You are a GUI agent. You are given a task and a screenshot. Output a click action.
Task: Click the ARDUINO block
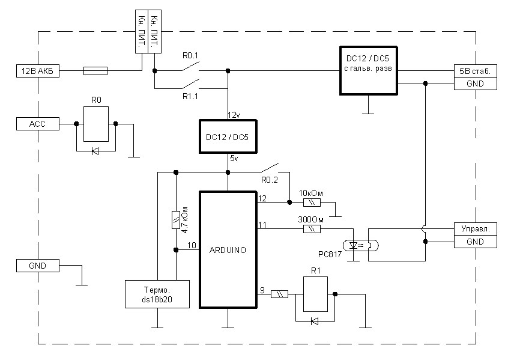pos(228,250)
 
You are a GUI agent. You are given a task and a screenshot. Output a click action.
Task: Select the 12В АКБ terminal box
pos(38,71)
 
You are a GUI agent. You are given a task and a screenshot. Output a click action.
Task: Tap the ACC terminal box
pos(38,124)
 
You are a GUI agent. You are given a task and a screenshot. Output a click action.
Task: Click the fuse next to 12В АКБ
pos(95,71)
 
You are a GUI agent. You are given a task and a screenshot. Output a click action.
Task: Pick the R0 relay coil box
pos(96,124)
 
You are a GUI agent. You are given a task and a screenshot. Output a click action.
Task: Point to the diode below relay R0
pos(95,151)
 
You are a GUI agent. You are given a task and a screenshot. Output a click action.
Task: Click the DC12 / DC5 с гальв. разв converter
pos(368,71)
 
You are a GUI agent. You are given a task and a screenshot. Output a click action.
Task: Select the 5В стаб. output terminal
pos(476,71)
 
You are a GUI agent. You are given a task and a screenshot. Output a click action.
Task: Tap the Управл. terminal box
pos(476,229)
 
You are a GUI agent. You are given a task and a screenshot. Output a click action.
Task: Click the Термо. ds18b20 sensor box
pos(157,294)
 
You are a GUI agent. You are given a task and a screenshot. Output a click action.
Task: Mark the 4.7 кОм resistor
pos(175,220)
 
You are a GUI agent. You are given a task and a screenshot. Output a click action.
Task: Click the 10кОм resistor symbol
pos(312,203)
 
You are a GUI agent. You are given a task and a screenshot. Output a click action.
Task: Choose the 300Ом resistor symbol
pos(312,229)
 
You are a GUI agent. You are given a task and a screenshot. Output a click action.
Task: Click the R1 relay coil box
pos(315,294)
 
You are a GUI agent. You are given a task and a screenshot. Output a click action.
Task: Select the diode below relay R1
pos(314,321)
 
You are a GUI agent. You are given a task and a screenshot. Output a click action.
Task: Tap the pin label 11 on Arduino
pos(262,224)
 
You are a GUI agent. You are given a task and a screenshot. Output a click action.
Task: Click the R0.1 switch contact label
pos(190,55)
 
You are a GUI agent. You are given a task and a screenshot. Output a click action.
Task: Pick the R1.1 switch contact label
pos(190,96)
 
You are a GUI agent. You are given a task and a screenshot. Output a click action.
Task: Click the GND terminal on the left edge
pos(38,266)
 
